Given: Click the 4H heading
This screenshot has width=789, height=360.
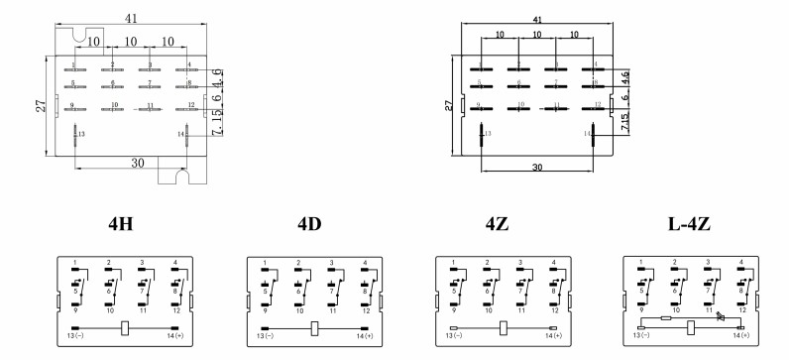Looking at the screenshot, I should click(x=120, y=224).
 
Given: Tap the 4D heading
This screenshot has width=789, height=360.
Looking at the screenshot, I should click(x=308, y=224).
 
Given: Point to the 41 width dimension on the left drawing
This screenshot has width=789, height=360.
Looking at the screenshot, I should click(x=130, y=17).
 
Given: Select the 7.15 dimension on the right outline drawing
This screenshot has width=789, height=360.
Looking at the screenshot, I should click(x=624, y=123).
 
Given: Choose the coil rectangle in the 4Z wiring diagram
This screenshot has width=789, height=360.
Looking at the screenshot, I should click(x=503, y=328).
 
